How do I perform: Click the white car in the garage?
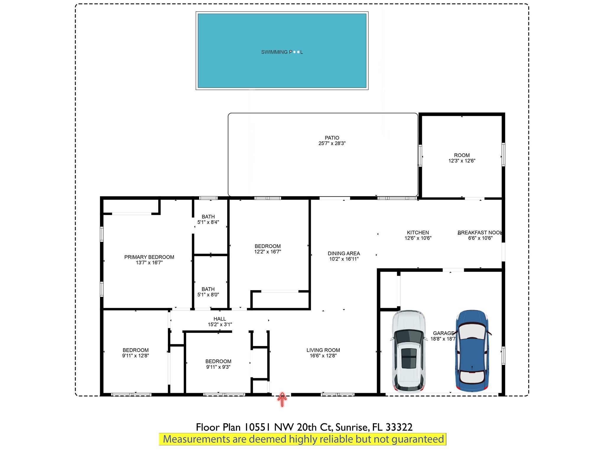pyautogui.click(x=409, y=351)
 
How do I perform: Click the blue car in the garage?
pyautogui.click(x=472, y=351)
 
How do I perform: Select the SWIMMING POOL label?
pyautogui.click(x=282, y=52)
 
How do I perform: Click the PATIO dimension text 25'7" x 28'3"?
pyautogui.click(x=332, y=143)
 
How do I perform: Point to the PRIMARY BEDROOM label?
pyautogui.click(x=149, y=257)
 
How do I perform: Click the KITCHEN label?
pyautogui.click(x=418, y=233)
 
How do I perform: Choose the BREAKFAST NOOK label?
pyautogui.click(x=480, y=233)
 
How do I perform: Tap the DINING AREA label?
pyautogui.click(x=344, y=253)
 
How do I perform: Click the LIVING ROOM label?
pyautogui.click(x=323, y=350)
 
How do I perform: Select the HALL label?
pyautogui.click(x=220, y=319)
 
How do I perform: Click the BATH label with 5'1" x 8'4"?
pyautogui.click(x=208, y=217)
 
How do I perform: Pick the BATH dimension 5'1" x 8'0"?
pyautogui.click(x=208, y=295)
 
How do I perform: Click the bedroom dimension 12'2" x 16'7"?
pyautogui.click(x=268, y=252)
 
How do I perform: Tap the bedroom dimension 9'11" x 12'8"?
pyautogui.click(x=136, y=356)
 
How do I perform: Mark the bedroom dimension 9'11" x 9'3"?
pyautogui.click(x=218, y=367)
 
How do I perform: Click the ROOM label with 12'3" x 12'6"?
pyautogui.click(x=462, y=155)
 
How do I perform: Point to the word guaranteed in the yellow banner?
pyautogui.click(x=418, y=440)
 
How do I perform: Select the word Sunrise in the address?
pyautogui.click(x=352, y=427)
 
